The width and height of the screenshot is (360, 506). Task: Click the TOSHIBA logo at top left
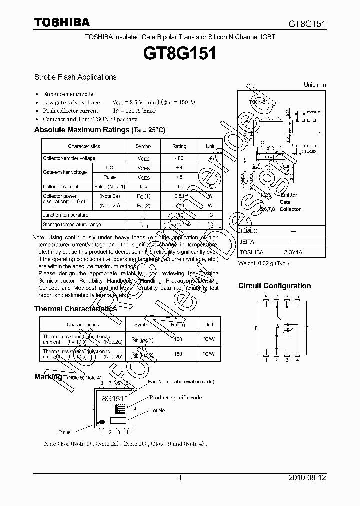(62, 22)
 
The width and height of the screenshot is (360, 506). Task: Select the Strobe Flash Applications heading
(75, 77)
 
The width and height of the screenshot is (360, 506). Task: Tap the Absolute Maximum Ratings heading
(99, 130)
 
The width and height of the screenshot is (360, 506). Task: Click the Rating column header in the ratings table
(179, 146)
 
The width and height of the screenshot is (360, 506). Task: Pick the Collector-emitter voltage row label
(69, 158)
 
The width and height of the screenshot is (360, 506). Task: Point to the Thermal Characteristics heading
(75, 309)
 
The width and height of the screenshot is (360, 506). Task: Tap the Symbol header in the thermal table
(142, 325)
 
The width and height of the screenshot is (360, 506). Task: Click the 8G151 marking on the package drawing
(112, 399)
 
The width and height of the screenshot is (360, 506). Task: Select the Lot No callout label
(157, 410)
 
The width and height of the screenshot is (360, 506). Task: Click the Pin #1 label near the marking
(66, 431)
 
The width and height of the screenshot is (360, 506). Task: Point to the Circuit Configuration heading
(274, 286)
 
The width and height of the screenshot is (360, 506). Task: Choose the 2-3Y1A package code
(293, 253)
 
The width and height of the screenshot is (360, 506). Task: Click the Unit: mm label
(315, 85)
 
